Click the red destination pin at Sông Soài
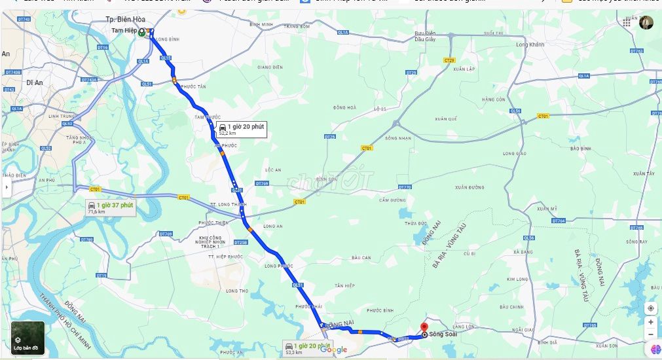tap(424, 327)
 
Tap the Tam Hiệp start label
tap(124, 30)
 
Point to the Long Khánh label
tap(530, 45)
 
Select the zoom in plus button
tap(650, 322)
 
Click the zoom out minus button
tap(650, 334)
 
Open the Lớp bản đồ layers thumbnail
tap(26, 337)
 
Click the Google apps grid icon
tap(627, 22)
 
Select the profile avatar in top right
tap(646, 22)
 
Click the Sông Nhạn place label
tap(398, 139)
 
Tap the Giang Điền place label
tap(270, 67)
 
